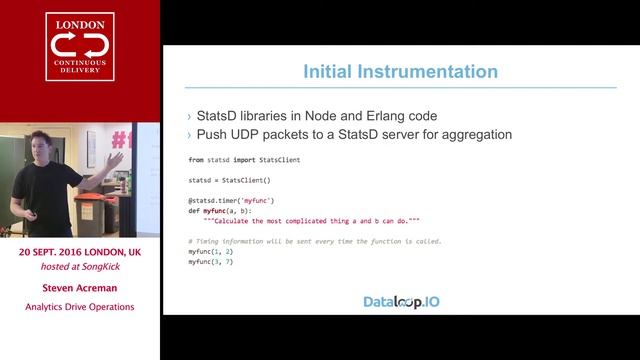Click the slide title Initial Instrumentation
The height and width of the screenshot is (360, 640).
coord(400,72)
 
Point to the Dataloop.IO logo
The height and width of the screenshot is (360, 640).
coord(400,301)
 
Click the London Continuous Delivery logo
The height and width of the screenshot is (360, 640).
coord(80,59)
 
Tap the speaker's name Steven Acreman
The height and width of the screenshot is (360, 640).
coord(80,287)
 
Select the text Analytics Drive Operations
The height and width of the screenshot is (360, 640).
coord(80,307)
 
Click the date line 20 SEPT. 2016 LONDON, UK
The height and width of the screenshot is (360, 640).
coord(80,254)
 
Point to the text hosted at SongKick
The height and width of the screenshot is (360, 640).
coord(80,267)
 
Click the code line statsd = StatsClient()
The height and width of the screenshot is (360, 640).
coord(229,180)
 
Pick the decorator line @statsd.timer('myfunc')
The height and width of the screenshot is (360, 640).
coord(231,200)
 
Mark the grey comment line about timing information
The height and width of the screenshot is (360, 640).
coord(314,241)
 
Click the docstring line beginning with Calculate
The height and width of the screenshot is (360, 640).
coord(311,220)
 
